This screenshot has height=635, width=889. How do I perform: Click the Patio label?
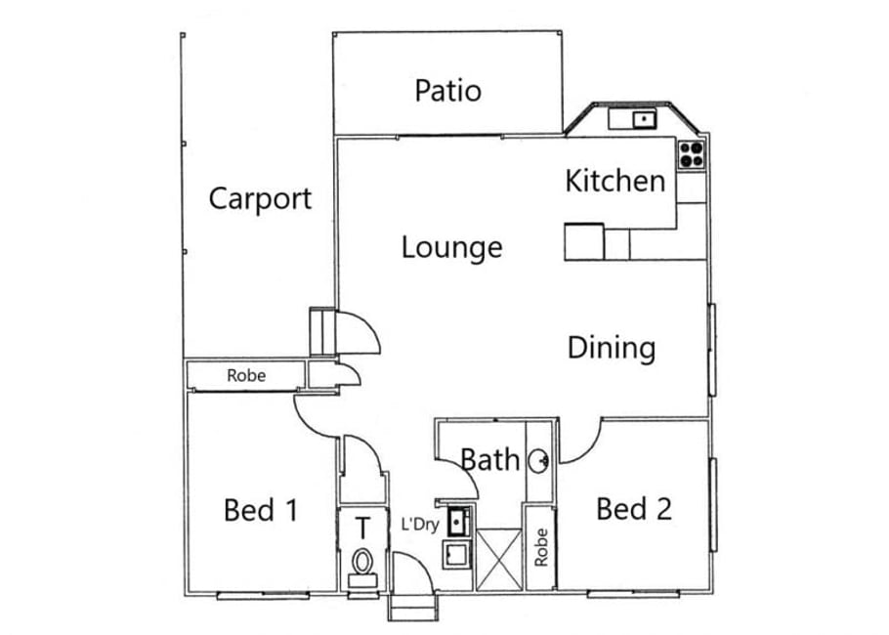[447, 91]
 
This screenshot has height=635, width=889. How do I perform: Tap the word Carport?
[260, 199]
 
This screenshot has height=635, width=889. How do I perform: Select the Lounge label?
[452, 248]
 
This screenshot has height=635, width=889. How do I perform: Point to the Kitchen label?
[615, 182]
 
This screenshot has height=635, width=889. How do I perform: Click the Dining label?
[612, 348]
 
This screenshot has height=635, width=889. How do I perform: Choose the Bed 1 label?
[261, 510]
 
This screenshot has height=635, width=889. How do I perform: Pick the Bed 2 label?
[634, 509]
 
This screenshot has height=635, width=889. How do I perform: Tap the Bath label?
[489, 459]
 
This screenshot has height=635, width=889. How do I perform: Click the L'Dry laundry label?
[420, 525]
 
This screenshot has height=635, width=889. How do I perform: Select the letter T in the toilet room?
[362, 528]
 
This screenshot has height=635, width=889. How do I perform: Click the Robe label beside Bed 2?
[541, 547]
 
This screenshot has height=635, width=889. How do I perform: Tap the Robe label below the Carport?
[246, 375]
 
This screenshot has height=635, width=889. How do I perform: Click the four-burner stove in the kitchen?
[692, 154]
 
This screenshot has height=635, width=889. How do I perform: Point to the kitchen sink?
[644, 119]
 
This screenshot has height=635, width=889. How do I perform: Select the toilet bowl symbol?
[362, 563]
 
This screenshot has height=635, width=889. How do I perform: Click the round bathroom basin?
[538, 461]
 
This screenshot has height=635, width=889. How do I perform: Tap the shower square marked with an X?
[498, 560]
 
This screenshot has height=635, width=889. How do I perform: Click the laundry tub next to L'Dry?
[459, 522]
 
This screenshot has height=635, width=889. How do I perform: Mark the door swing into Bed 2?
[580, 442]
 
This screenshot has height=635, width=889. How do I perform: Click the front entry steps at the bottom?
[413, 608]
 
